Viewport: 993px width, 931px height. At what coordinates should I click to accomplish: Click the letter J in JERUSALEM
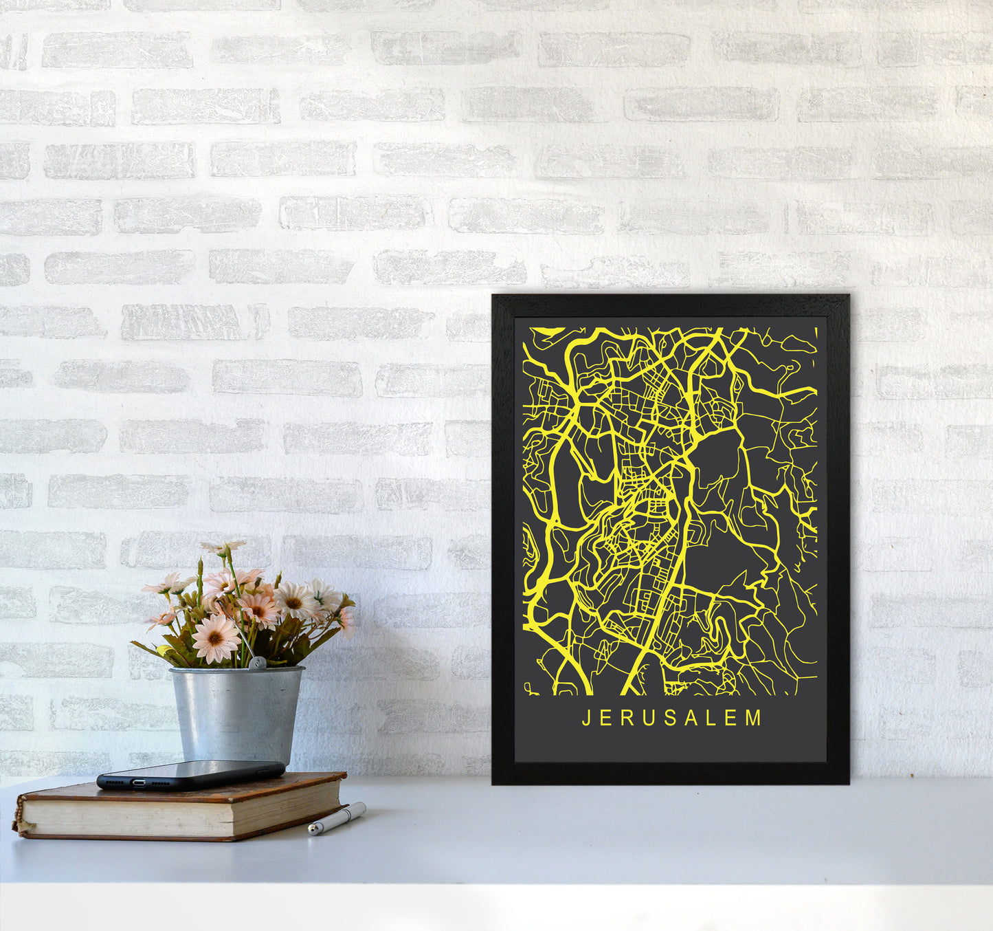coord(586,719)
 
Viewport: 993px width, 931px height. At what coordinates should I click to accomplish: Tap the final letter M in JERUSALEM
coord(755,719)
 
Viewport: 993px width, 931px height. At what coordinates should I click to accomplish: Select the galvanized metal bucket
coord(236,715)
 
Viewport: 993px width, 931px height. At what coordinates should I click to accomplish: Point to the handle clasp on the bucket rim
coord(256,664)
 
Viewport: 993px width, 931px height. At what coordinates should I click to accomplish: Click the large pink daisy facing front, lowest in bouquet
coord(215,638)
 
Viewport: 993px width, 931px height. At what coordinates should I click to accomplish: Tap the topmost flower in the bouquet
coord(223,547)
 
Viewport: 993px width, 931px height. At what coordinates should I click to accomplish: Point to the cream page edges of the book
coord(179,815)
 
